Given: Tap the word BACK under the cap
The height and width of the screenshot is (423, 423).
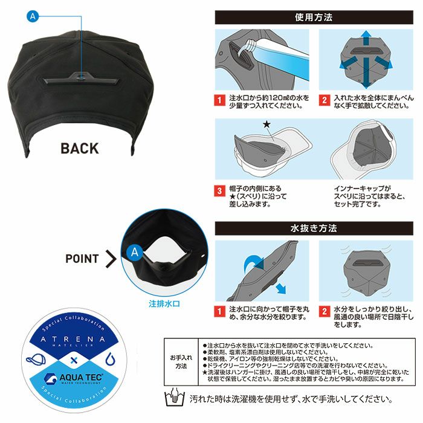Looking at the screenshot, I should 79,149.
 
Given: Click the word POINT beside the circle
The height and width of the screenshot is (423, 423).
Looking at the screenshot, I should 82,259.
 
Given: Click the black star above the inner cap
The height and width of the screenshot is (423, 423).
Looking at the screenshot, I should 267,124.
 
